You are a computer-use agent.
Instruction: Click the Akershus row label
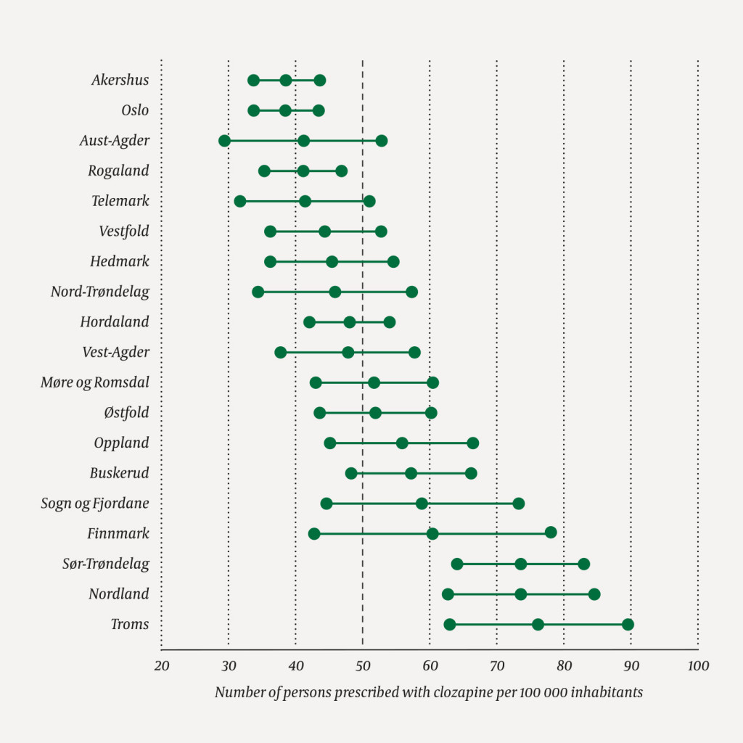click(x=120, y=80)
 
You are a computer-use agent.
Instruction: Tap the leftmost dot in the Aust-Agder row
click(x=224, y=141)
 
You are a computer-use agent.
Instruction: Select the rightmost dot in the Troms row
click(x=628, y=625)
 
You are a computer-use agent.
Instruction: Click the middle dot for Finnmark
click(x=432, y=534)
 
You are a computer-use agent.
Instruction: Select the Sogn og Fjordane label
click(x=95, y=504)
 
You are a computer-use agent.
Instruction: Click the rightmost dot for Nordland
click(x=594, y=594)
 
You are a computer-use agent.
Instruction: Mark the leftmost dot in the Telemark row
click(x=240, y=201)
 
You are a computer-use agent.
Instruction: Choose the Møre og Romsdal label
click(x=95, y=382)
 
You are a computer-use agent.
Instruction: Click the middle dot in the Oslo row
click(x=285, y=110)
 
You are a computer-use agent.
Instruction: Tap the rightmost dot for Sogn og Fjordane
click(x=518, y=504)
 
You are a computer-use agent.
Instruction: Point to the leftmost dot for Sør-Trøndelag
click(x=457, y=564)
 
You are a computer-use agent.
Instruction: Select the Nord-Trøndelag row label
click(x=100, y=292)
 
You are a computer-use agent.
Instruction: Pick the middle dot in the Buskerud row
click(x=411, y=473)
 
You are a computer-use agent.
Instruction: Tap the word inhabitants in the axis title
click(x=607, y=692)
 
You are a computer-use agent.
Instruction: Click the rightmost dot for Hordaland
click(x=390, y=322)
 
